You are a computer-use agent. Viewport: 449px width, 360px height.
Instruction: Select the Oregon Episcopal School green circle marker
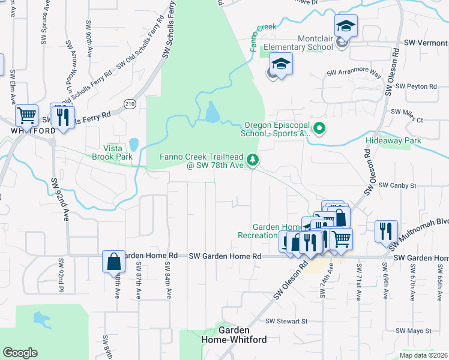point(320,128)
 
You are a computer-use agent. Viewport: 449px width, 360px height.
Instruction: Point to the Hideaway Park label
point(393,141)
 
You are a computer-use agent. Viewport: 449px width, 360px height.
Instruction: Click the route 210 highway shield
point(129,104)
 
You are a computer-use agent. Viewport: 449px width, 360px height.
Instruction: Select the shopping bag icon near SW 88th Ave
point(113,262)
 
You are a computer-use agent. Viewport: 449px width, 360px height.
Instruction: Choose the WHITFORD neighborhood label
point(28,130)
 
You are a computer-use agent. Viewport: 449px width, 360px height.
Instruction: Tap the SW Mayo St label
point(411,331)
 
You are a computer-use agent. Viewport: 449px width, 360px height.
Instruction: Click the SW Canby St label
point(397,186)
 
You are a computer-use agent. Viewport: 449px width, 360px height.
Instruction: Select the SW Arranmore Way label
point(354,73)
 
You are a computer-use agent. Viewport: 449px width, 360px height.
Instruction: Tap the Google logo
point(20,353)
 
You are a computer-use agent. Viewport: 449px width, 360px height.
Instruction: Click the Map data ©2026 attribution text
point(424,355)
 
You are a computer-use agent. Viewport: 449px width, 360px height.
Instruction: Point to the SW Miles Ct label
point(407,112)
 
